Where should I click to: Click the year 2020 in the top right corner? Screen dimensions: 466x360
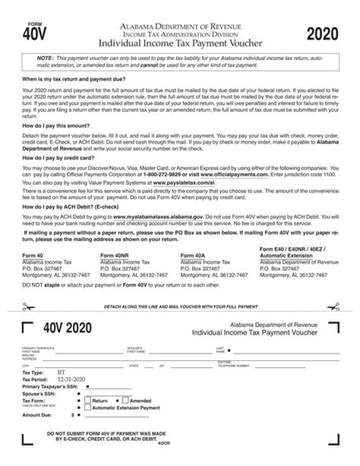[322, 35]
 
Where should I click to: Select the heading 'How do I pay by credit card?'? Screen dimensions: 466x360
[58, 158]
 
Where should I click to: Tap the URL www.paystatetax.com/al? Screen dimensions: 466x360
[183, 183]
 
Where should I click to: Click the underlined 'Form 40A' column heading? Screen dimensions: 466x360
[192, 256]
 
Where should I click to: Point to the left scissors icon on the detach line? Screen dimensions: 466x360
[27, 306]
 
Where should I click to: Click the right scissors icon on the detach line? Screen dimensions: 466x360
[333, 306]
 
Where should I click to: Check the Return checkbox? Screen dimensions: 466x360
[87, 400]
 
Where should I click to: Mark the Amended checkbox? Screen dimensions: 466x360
[125, 400]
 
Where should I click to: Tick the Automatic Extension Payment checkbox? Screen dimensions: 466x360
[87, 407]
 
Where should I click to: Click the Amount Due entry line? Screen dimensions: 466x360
[115, 415]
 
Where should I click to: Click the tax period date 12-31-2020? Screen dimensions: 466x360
[71, 379]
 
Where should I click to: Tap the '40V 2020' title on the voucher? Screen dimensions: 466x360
[67, 328]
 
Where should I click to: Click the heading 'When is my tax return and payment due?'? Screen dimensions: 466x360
[73, 80]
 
